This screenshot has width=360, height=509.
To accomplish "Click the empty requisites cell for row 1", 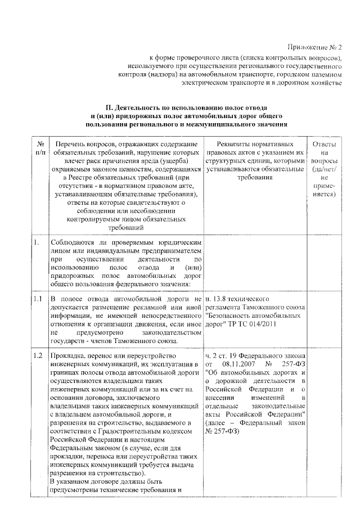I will [x=256, y=264].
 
